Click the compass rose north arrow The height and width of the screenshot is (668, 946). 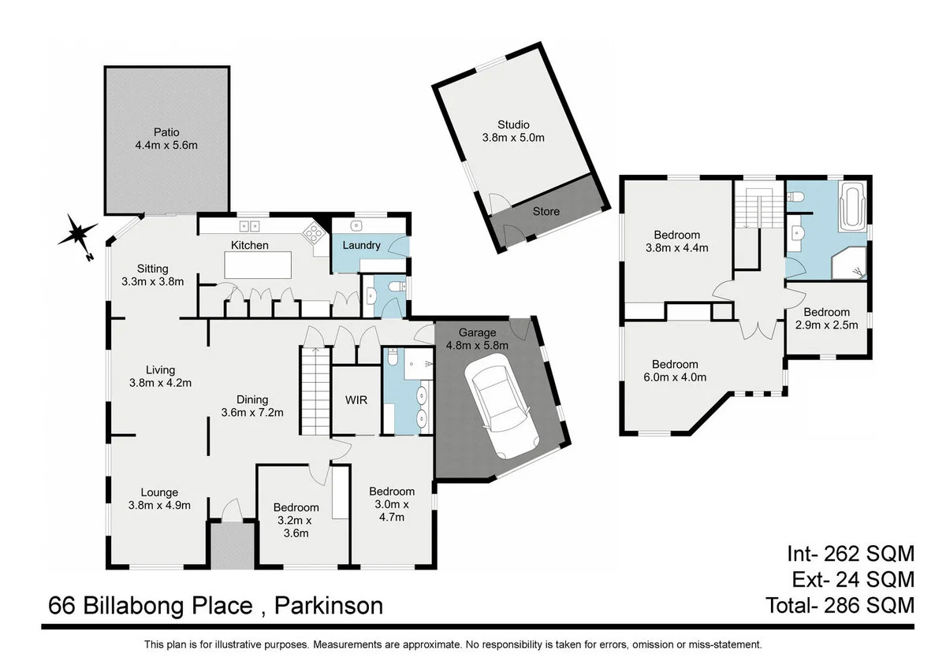point(78,234)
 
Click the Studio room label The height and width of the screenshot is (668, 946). point(513,124)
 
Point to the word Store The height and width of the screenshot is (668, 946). point(546,211)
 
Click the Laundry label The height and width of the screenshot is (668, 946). point(361,245)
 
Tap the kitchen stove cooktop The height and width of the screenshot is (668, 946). point(314,232)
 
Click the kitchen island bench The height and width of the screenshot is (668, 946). point(258,265)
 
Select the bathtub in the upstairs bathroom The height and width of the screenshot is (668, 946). point(852,206)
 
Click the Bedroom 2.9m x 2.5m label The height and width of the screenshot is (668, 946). point(827,318)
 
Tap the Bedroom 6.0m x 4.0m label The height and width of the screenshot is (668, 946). point(675,370)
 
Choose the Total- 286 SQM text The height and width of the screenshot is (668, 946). point(840,605)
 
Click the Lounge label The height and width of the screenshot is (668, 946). point(159,493)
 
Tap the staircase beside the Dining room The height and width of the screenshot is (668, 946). point(313,391)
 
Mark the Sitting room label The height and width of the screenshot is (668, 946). point(152,269)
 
